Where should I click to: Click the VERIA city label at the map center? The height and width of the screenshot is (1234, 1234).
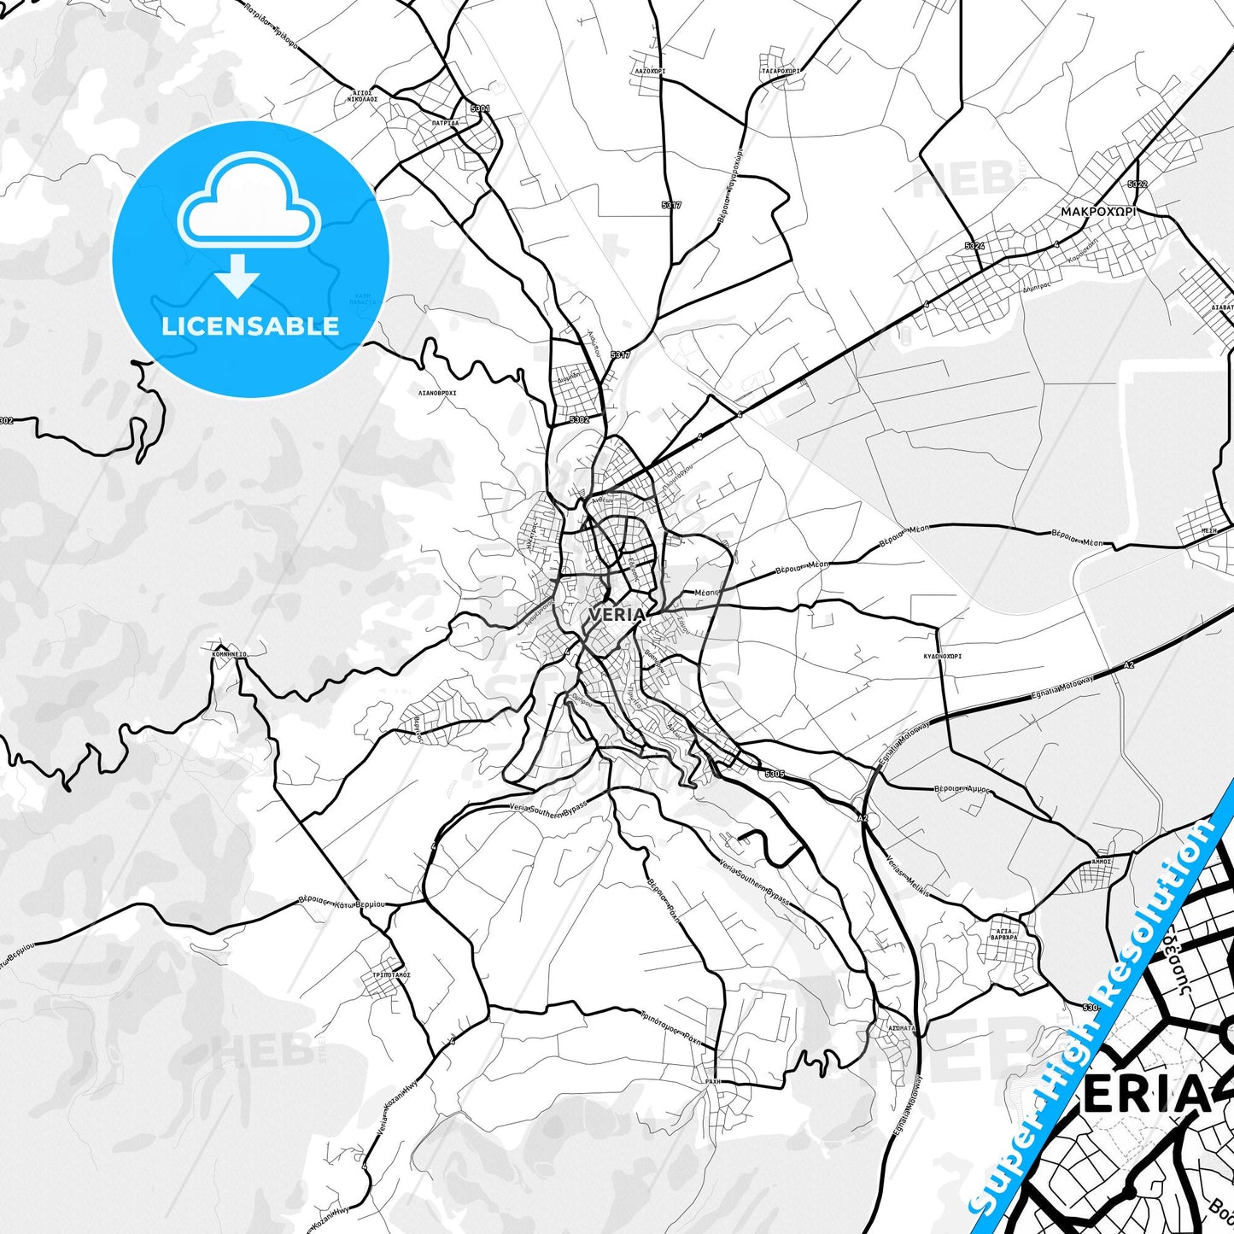617,615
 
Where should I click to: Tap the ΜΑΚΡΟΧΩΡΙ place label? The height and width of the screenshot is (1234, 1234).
1098,211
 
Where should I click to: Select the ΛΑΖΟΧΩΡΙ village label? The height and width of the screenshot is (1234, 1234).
650,71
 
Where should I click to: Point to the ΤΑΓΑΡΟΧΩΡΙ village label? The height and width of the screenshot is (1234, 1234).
781,71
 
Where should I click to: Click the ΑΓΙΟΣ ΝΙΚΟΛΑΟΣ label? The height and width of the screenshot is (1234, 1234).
362,95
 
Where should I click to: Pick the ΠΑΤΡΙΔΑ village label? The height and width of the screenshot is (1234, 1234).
445,123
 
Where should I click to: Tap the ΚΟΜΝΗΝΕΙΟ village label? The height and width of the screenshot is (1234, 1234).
229,653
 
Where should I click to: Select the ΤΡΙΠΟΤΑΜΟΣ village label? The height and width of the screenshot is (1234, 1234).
392,974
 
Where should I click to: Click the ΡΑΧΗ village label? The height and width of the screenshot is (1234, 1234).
713,1081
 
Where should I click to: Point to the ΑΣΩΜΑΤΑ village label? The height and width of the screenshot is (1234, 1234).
902,1028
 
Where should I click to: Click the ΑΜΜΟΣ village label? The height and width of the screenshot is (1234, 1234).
1101,862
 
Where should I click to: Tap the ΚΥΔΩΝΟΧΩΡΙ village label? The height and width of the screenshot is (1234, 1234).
942,657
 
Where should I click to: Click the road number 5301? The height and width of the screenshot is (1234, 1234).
480,108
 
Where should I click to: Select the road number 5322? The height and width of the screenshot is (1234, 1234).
1137,184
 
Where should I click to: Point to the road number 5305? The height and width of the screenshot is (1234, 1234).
774,774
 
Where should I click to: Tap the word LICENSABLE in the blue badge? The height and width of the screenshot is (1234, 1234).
250,325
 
